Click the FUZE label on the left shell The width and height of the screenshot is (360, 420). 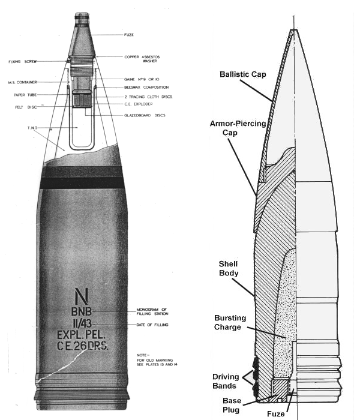tap(129, 35)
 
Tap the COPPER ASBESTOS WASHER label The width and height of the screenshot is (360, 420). tap(142, 59)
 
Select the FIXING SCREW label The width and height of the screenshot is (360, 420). tap(23, 62)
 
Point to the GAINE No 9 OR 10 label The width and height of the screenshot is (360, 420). tap(142, 79)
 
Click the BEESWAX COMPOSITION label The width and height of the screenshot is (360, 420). tap(146, 88)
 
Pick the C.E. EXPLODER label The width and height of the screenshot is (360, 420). tap(139, 104)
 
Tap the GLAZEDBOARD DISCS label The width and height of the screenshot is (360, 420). tap(145, 115)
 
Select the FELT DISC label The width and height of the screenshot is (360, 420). tap(26, 107)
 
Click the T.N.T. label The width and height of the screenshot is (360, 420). tap(32, 128)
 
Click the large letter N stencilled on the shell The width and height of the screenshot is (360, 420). tap(82, 296)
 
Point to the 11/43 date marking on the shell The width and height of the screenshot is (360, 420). tap(82, 324)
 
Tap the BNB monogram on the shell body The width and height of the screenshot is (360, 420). tap(82, 311)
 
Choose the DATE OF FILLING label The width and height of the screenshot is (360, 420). tap(152, 325)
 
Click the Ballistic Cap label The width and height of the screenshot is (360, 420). tap(243, 74)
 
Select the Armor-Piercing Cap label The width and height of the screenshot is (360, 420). tap(238, 128)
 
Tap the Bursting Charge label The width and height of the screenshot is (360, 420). tap(230, 323)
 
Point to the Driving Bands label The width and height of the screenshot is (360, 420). tap(226, 381)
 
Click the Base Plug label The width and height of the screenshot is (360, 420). tap(232, 405)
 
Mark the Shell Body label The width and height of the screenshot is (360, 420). tap(229, 268)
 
